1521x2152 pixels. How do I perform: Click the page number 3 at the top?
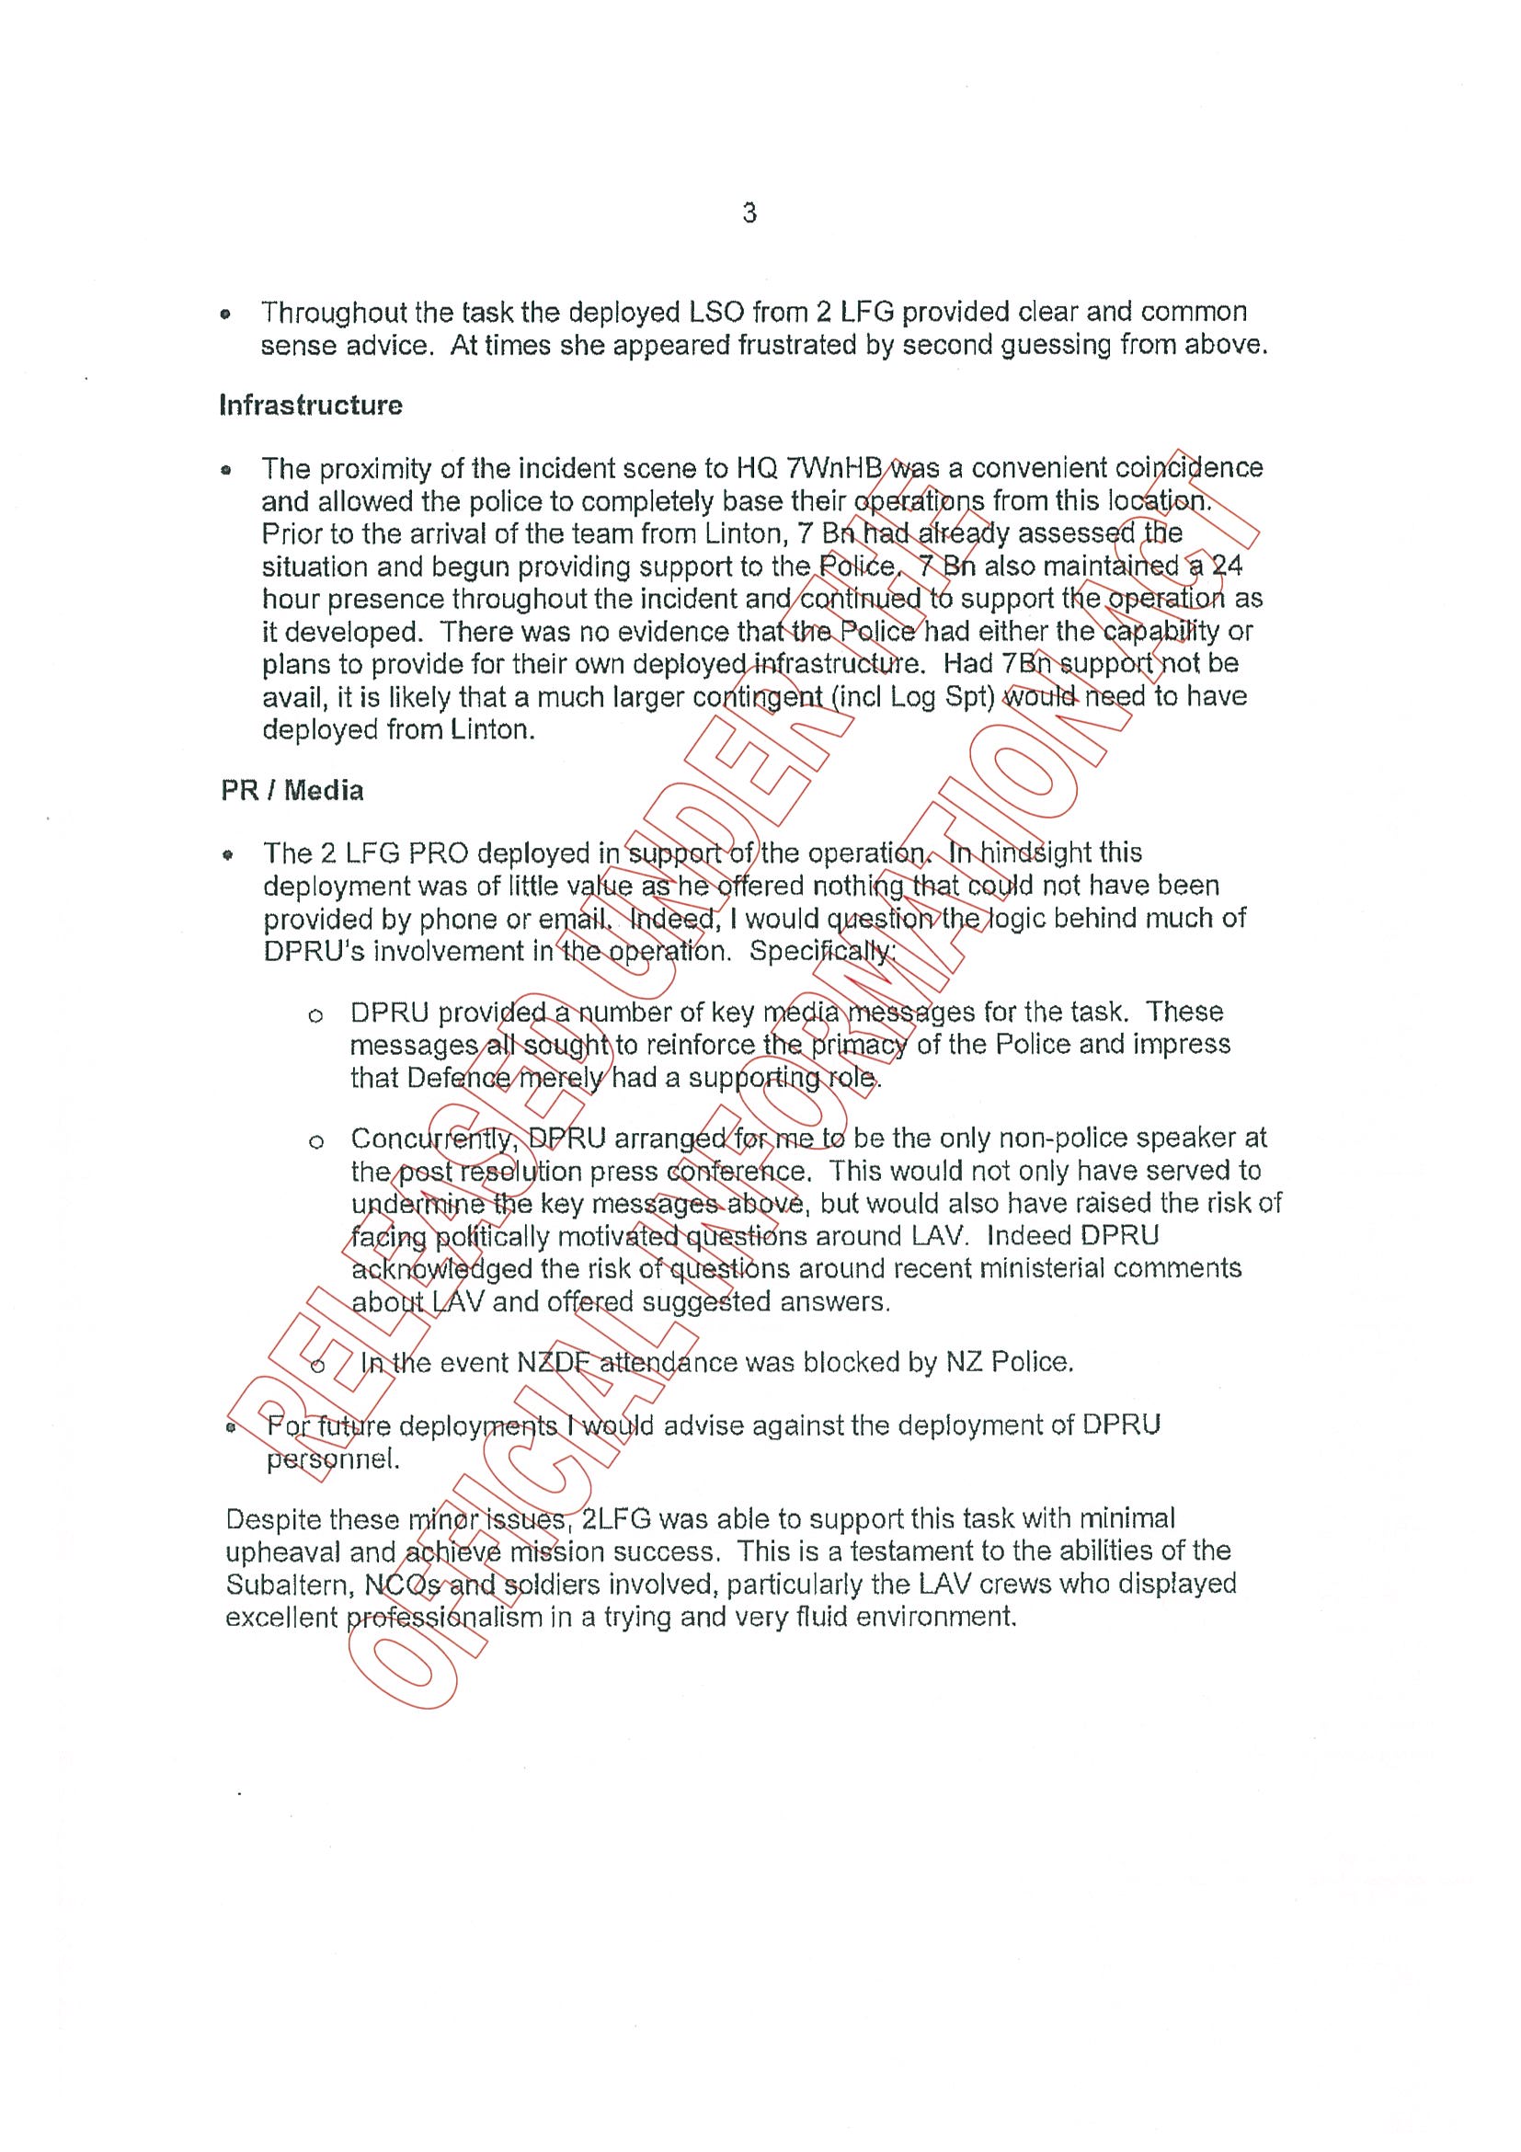point(749,213)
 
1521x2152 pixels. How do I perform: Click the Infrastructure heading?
point(310,405)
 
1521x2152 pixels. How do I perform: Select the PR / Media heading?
point(292,790)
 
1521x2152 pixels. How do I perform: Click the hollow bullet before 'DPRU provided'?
point(315,1014)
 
